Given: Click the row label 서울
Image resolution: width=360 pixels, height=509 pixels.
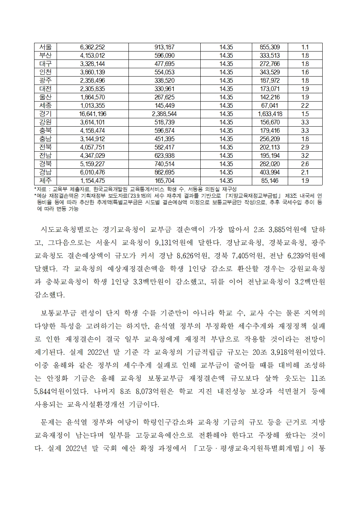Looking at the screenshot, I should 46,47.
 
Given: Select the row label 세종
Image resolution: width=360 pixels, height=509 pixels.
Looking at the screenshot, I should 46,106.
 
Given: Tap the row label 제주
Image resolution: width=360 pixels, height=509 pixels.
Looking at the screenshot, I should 46,181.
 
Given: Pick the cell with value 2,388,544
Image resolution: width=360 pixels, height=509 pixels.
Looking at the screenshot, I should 164,114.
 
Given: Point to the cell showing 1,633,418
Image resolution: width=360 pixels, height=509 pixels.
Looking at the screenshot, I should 270,114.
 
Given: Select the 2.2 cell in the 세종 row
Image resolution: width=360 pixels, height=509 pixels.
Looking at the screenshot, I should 305,106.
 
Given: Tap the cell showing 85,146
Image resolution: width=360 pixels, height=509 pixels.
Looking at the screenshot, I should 270,181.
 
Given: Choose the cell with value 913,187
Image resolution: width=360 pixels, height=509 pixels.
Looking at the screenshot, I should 164,47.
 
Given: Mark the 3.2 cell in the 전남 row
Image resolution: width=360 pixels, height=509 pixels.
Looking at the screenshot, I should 305,156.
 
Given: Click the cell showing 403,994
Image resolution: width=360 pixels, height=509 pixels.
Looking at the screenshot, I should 270,172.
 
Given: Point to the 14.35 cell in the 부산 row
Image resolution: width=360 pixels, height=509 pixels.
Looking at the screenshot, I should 226,56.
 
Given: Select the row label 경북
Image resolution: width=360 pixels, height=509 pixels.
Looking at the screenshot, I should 46,164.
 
